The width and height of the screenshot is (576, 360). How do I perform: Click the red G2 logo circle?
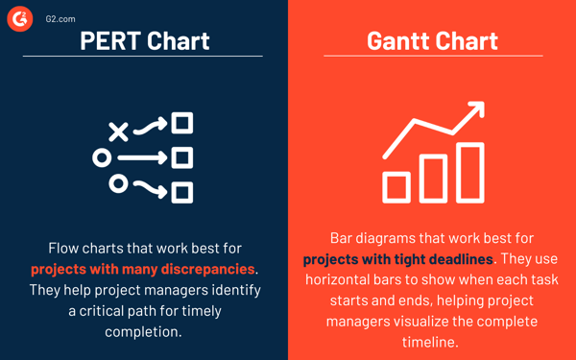[x=20, y=18]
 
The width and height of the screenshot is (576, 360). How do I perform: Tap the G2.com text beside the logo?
[x=60, y=18]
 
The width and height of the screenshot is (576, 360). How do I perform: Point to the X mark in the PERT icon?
[x=118, y=131]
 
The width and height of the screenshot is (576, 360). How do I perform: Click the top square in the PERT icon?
[x=182, y=123]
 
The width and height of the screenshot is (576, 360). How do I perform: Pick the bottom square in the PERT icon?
[x=182, y=192]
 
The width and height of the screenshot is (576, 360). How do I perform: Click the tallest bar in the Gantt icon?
[x=469, y=174]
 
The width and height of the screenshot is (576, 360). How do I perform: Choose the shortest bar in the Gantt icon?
[x=396, y=186]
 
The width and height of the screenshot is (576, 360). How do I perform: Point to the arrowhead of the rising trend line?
[x=474, y=113]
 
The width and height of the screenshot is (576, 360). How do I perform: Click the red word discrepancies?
[x=209, y=269]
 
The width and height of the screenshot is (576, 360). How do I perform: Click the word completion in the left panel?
[x=144, y=332]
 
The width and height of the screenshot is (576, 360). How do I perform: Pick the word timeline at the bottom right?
[x=432, y=343]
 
